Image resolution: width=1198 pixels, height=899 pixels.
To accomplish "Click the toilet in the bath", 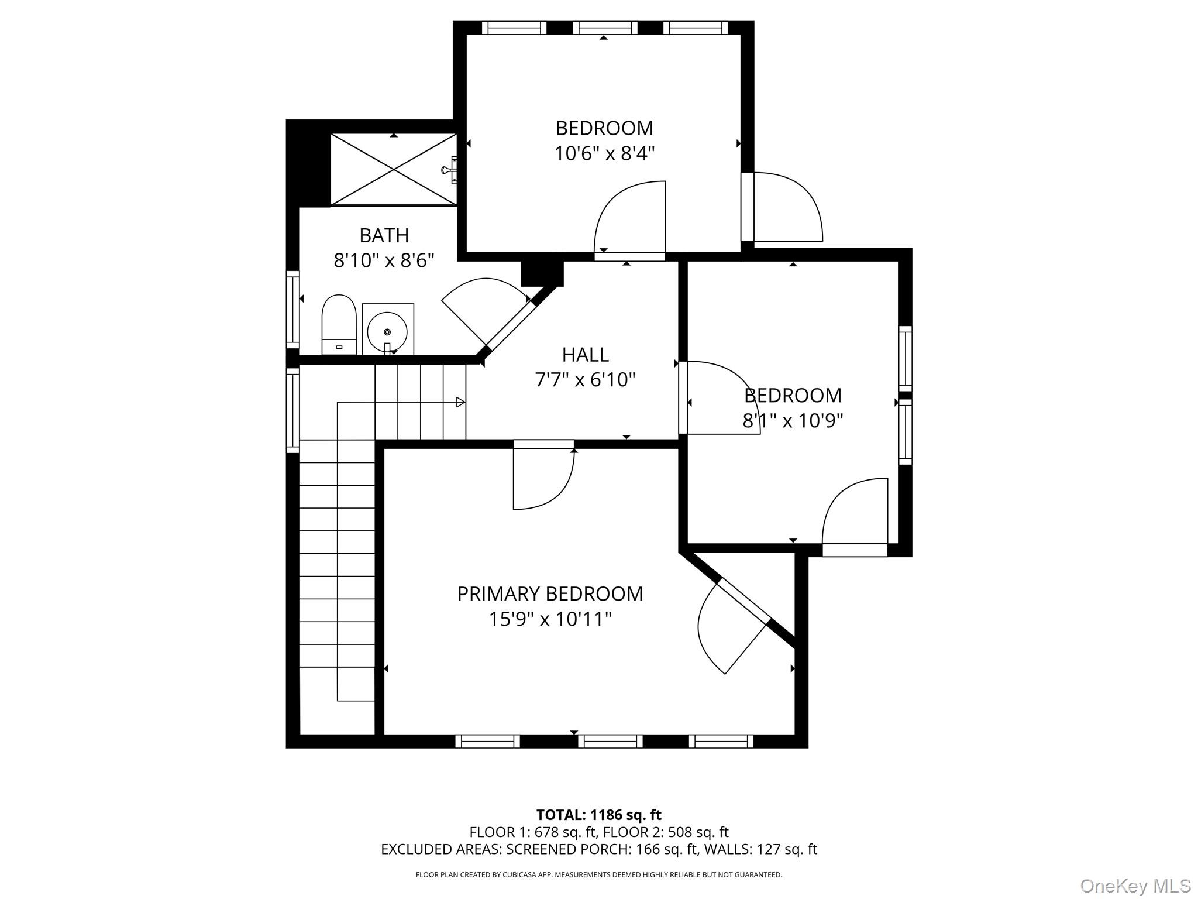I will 339,324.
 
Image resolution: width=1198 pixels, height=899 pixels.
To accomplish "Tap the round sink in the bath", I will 387,331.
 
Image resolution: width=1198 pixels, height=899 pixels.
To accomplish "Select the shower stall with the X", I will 394,169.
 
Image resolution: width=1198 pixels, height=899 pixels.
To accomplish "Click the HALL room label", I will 585,355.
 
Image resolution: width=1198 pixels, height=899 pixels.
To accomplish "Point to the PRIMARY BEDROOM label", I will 550,593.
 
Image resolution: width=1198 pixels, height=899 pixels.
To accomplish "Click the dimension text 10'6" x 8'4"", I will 604,154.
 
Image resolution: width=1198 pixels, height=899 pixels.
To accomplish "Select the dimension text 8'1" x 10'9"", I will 793,421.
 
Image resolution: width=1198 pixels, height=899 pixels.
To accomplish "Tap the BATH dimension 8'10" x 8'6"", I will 384,260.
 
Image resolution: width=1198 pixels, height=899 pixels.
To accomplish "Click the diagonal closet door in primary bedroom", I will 734,626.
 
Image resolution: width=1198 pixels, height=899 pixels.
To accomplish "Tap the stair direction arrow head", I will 460,402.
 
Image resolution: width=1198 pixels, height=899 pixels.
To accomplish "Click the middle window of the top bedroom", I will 605,28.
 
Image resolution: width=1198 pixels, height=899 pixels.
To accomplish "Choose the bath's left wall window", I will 292,309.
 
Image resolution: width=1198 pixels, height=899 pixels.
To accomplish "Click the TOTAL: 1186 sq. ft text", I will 598,815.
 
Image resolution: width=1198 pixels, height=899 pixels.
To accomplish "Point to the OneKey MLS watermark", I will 1135,886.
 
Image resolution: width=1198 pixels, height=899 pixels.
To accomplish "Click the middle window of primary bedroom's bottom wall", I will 610,742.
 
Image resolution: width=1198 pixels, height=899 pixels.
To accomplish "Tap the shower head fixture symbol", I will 450,170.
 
